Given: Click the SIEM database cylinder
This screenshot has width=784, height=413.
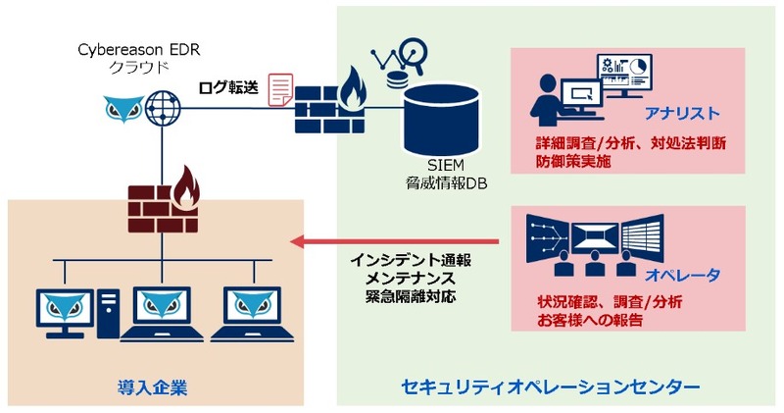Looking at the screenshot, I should click(445, 114).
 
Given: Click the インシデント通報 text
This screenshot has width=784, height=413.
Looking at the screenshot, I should click(410, 262).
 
